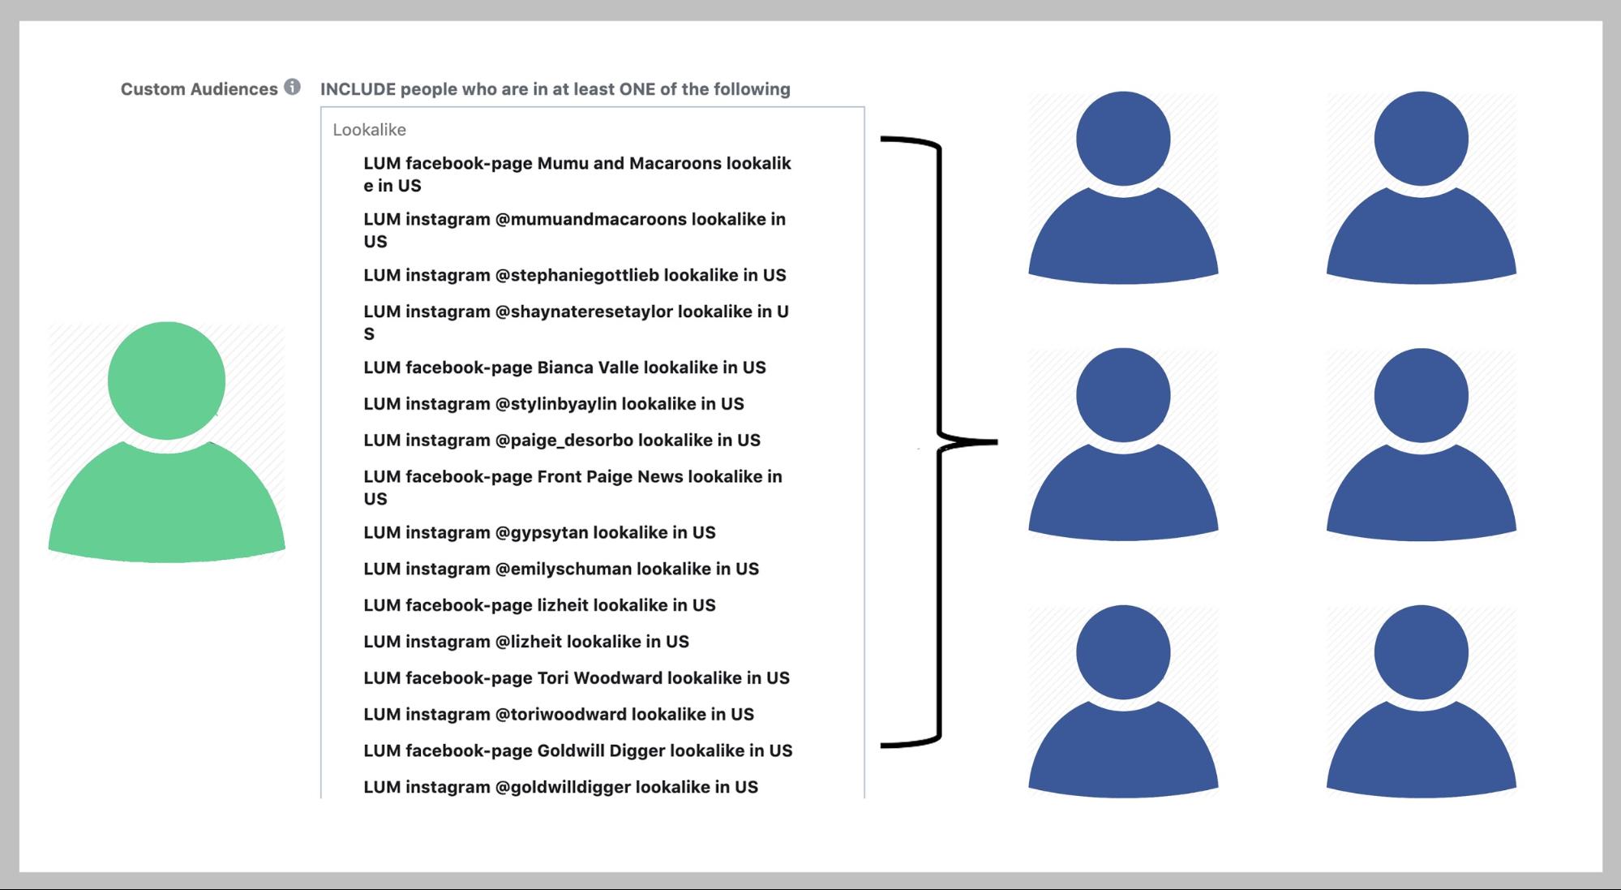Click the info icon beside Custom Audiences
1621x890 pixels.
[292, 87]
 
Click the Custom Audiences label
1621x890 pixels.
[199, 89]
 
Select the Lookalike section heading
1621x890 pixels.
[369, 130]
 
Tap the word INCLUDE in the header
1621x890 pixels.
[358, 89]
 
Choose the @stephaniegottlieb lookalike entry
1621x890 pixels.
[575, 275]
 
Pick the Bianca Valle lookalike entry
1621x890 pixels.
[564, 368]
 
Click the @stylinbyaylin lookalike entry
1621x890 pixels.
[554, 404]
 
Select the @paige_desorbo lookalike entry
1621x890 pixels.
[562, 441]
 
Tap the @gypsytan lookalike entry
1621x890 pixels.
[539, 533]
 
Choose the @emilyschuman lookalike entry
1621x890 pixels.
[561, 570]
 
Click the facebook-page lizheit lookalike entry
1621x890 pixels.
[539, 605]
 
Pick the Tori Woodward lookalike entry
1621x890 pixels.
[577, 678]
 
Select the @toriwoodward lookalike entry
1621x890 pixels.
[559, 715]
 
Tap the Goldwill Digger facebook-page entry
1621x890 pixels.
[578, 751]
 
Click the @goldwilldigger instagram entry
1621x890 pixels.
[561, 788]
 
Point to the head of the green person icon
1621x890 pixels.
[166, 381]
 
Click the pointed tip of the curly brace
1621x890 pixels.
[997, 442]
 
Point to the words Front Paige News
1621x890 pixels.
[610, 477]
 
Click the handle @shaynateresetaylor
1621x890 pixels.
[584, 312]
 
